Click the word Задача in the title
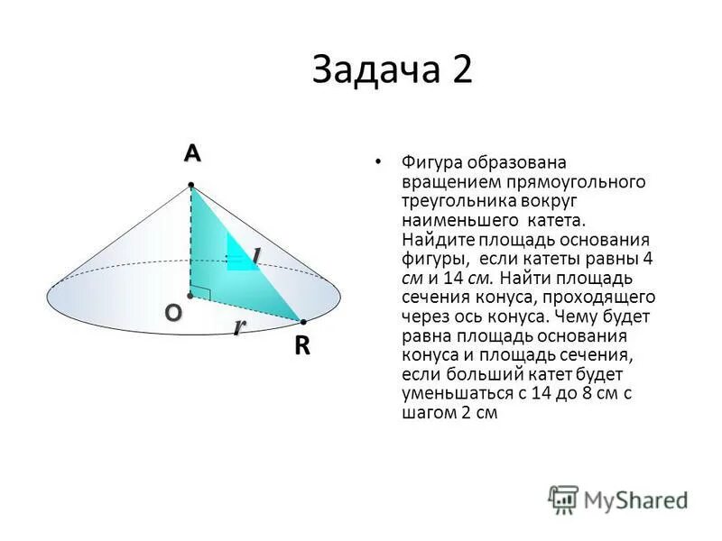(x=375, y=69)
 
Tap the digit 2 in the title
(x=462, y=69)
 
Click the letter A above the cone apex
(x=191, y=154)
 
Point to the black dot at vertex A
(x=191, y=186)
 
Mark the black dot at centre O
(x=190, y=295)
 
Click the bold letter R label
(x=301, y=347)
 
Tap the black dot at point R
(x=303, y=321)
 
